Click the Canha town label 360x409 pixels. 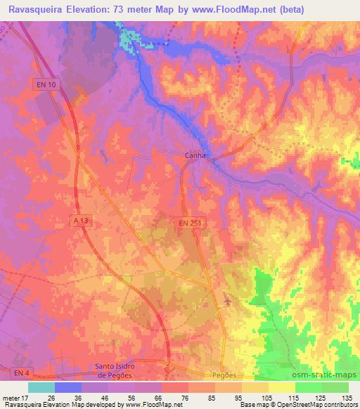click(x=195, y=157)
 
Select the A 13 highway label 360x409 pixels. click(x=81, y=221)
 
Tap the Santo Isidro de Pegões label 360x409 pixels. click(x=117, y=370)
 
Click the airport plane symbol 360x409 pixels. click(x=227, y=302)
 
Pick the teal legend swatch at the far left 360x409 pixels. click(x=41, y=387)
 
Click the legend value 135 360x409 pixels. click(x=345, y=397)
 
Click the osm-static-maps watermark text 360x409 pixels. click(x=324, y=373)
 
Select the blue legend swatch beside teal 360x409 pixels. click(x=68, y=387)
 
